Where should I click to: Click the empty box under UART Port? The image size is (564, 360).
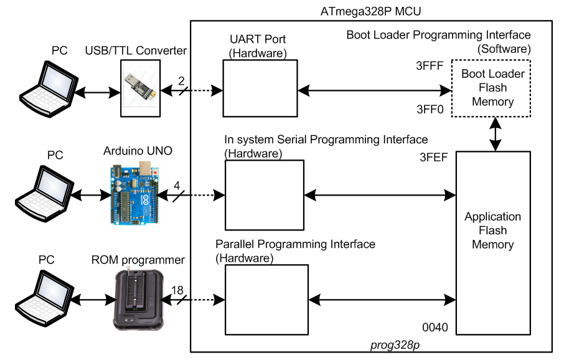point(260,88)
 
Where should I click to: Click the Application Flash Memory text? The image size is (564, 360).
point(492,230)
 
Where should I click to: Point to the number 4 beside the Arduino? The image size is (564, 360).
point(176,186)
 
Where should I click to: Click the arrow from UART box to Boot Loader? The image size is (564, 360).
point(374,91)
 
